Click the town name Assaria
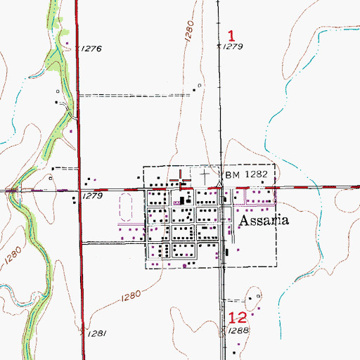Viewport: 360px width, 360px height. (x=265, y=219)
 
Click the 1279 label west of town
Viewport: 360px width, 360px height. (x=93, y=196)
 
